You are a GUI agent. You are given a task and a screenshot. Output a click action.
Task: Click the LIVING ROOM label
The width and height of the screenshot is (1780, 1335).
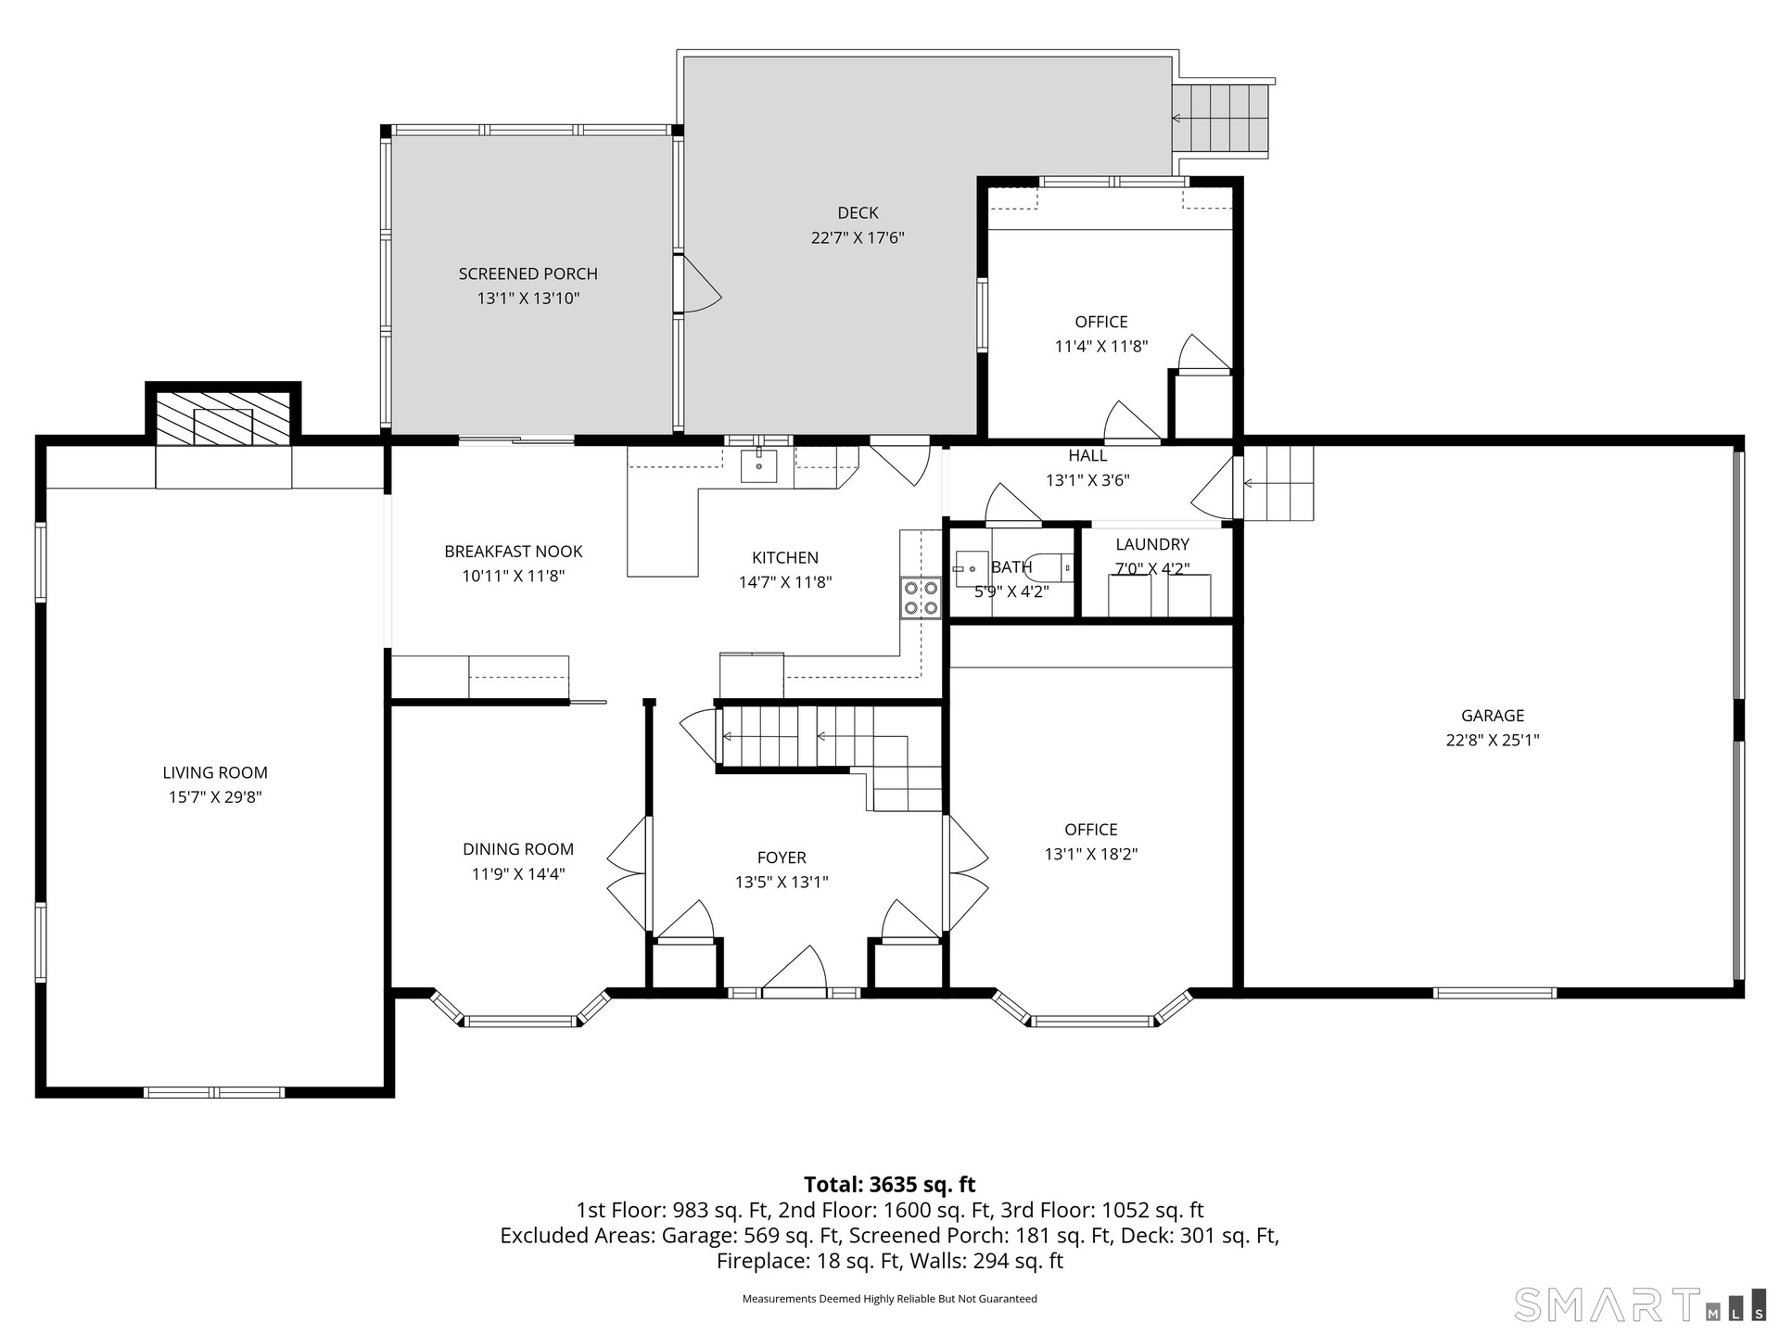[215, 772]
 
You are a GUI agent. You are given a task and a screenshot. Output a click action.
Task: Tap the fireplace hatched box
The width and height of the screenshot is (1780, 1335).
[222, 418]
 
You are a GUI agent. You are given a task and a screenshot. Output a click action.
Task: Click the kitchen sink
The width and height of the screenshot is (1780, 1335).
[759, 464]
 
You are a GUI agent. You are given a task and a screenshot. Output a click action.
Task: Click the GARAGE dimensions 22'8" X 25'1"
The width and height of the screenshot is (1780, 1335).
[1493, 740]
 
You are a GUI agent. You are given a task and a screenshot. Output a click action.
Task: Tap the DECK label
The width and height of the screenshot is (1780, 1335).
[858, 213]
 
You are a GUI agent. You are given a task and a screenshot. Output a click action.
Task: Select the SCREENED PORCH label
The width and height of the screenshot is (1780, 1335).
[528, 273]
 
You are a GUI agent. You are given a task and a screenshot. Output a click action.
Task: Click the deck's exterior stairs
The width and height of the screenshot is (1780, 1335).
[1221, 118]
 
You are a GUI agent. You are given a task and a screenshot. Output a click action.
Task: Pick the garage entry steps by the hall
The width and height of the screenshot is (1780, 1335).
[1278, 483]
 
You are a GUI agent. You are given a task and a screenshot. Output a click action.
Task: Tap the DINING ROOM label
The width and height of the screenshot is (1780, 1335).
[518, 849]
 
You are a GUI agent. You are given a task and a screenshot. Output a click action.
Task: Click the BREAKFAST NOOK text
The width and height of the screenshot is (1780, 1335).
[514, 552]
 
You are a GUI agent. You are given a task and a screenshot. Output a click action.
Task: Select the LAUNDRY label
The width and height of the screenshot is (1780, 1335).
[1152, 544]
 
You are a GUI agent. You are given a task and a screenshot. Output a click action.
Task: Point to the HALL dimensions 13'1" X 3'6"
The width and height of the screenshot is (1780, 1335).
[1087, 480]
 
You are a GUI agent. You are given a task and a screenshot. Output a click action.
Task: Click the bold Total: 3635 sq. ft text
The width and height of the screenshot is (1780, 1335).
[890, 1184]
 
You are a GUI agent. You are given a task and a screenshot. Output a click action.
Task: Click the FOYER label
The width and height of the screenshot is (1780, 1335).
[782, 858]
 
